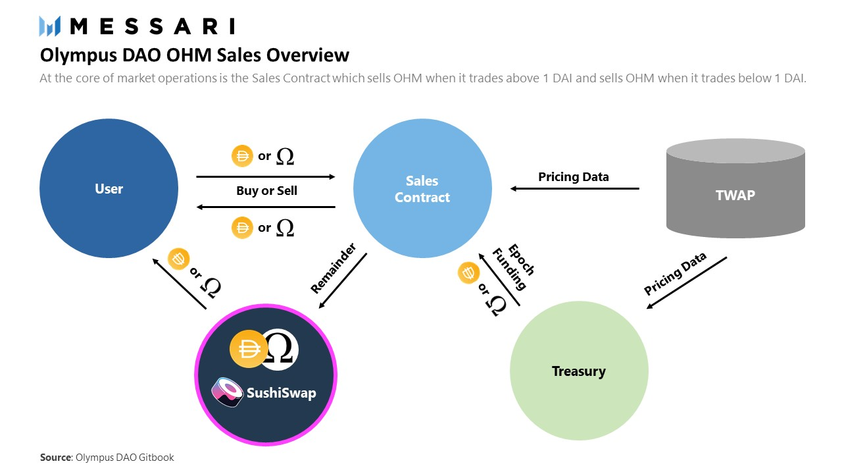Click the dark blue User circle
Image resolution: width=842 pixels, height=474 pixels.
coord(109,189)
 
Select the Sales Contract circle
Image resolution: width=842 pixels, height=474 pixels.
coord(422,189)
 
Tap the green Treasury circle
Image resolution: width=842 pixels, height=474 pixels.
coord(579,371)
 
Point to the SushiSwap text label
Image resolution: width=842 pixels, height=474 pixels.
coord(281,393)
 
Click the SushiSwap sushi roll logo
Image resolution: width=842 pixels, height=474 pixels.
coord(227,392)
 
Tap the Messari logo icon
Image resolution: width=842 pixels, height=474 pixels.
coord(50,26)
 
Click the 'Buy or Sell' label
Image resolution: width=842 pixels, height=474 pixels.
coord(266,191)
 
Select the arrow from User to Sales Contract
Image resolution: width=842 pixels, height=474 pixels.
coord(266,176)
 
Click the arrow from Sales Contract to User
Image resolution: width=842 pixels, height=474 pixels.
coord(266,207)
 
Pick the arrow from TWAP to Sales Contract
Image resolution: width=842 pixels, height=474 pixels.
coord(575,189)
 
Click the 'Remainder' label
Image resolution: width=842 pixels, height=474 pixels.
coord(333,268)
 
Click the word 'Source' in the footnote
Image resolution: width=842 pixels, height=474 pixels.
coord(55,457)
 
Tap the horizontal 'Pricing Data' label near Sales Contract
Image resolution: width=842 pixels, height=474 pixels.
coord(574,176)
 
